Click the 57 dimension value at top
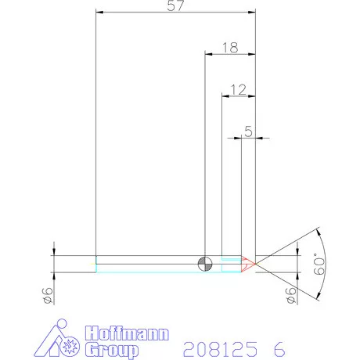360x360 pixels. pos(176,7)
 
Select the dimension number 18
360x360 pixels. pos(229,48)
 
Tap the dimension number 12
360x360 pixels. pos(239,89)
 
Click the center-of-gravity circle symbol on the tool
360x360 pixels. pos(205,264)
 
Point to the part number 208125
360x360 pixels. pos(221,347)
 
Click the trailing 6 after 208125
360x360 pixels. pos(279,347)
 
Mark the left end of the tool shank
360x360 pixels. pos(95,264)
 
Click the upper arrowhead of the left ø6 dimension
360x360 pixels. pos(53,252)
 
